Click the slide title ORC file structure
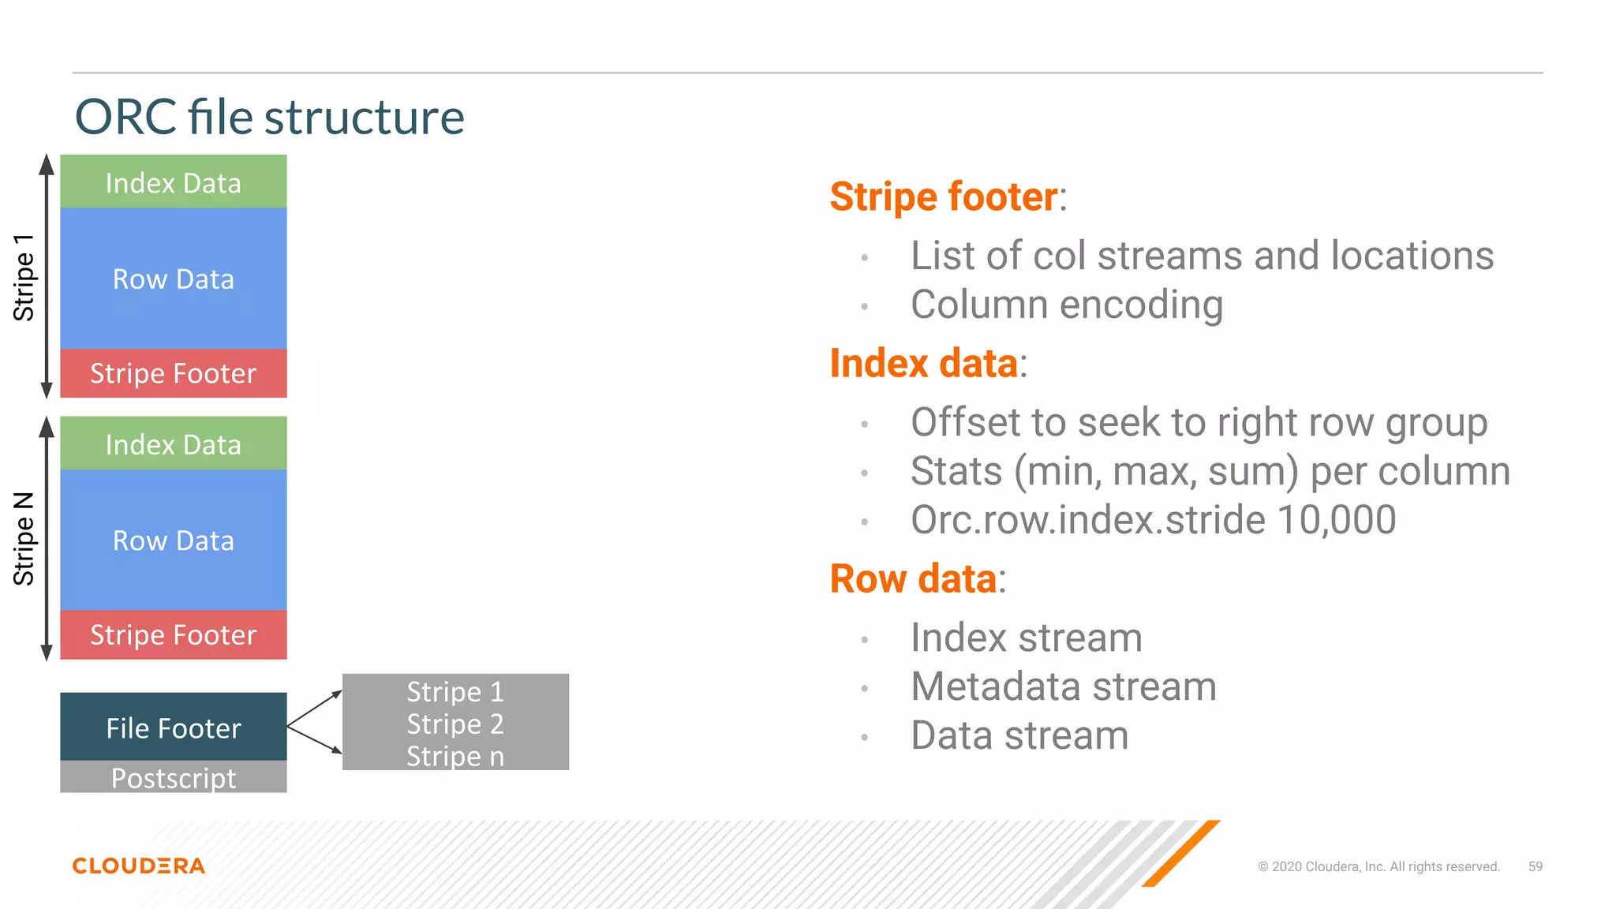(269, 118)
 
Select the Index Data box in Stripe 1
(173, 182)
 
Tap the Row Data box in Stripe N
(173, 541)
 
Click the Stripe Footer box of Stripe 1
(173, 373)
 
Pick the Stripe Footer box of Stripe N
(173, 635)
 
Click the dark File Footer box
(173, 728)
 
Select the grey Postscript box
(173, 778)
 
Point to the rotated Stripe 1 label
(24, 277)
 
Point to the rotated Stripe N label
(24, 539)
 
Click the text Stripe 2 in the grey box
(455, 724)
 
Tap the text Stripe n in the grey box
(455, 756)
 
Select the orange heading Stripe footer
(943, 196)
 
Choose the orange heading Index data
(923, 364)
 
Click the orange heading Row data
(913, 578)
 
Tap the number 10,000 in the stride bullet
(1336, 520)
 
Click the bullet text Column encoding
(1067, 305)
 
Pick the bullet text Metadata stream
(1063, 686)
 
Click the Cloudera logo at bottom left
(139, 866)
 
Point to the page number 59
(1535, 866)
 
